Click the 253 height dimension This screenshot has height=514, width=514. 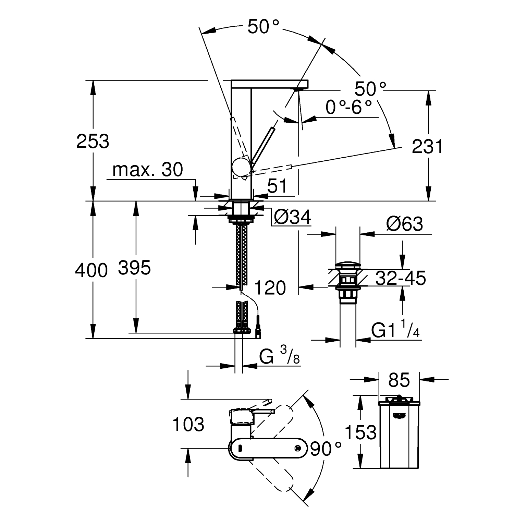[93, 141]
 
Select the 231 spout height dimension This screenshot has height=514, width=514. [427, 147]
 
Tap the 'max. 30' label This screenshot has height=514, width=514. [148, 170]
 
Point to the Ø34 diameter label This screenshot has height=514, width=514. [292, 217]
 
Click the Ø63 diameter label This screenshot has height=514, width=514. [404, 224]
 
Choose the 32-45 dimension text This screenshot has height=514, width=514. [400, 278]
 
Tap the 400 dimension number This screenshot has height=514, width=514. [91, 270]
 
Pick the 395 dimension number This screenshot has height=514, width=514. [134, 268]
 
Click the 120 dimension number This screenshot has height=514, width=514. [270, 287]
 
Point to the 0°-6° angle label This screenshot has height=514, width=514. [348, 108]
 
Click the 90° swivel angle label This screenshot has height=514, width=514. [326, 449]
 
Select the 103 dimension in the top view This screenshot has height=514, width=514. [188, 424]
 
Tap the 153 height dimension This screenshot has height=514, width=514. [360, 432]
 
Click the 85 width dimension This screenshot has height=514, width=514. [399, 380]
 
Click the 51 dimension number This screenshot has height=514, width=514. [277, 186]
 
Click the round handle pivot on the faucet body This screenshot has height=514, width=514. [241, 167]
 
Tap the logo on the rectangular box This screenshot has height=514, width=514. [400, 416]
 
